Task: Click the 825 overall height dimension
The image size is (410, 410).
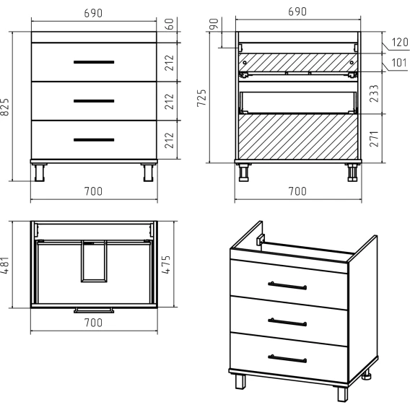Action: click(5, 107)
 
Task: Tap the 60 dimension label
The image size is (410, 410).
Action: click(170, 25)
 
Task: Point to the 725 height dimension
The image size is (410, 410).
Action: click(201, 98)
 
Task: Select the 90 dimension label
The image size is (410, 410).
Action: click(214, 24)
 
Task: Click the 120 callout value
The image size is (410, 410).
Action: click(400, 42)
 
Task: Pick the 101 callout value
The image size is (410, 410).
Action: click(399, 63)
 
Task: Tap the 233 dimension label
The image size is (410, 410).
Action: click(374, 93)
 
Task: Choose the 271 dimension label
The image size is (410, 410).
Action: click(374, 139)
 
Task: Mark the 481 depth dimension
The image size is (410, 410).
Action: click(5, 265)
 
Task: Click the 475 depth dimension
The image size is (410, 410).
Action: click(166, 264)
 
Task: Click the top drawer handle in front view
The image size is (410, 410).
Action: click(94, 62)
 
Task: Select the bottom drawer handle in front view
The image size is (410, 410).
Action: click(94, 140)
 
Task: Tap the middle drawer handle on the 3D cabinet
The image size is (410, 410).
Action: click(287, 322)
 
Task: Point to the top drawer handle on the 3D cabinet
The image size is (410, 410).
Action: click(287, 286)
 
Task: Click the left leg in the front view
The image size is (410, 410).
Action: click(40, 173)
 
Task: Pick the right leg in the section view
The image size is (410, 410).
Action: click(352, 173)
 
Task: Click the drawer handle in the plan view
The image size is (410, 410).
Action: click(94, 310)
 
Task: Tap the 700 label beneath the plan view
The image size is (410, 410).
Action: click(93, 323)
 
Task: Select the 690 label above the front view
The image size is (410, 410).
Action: click(93, 13)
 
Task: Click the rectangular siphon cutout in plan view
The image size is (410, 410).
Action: click(94, 261)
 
